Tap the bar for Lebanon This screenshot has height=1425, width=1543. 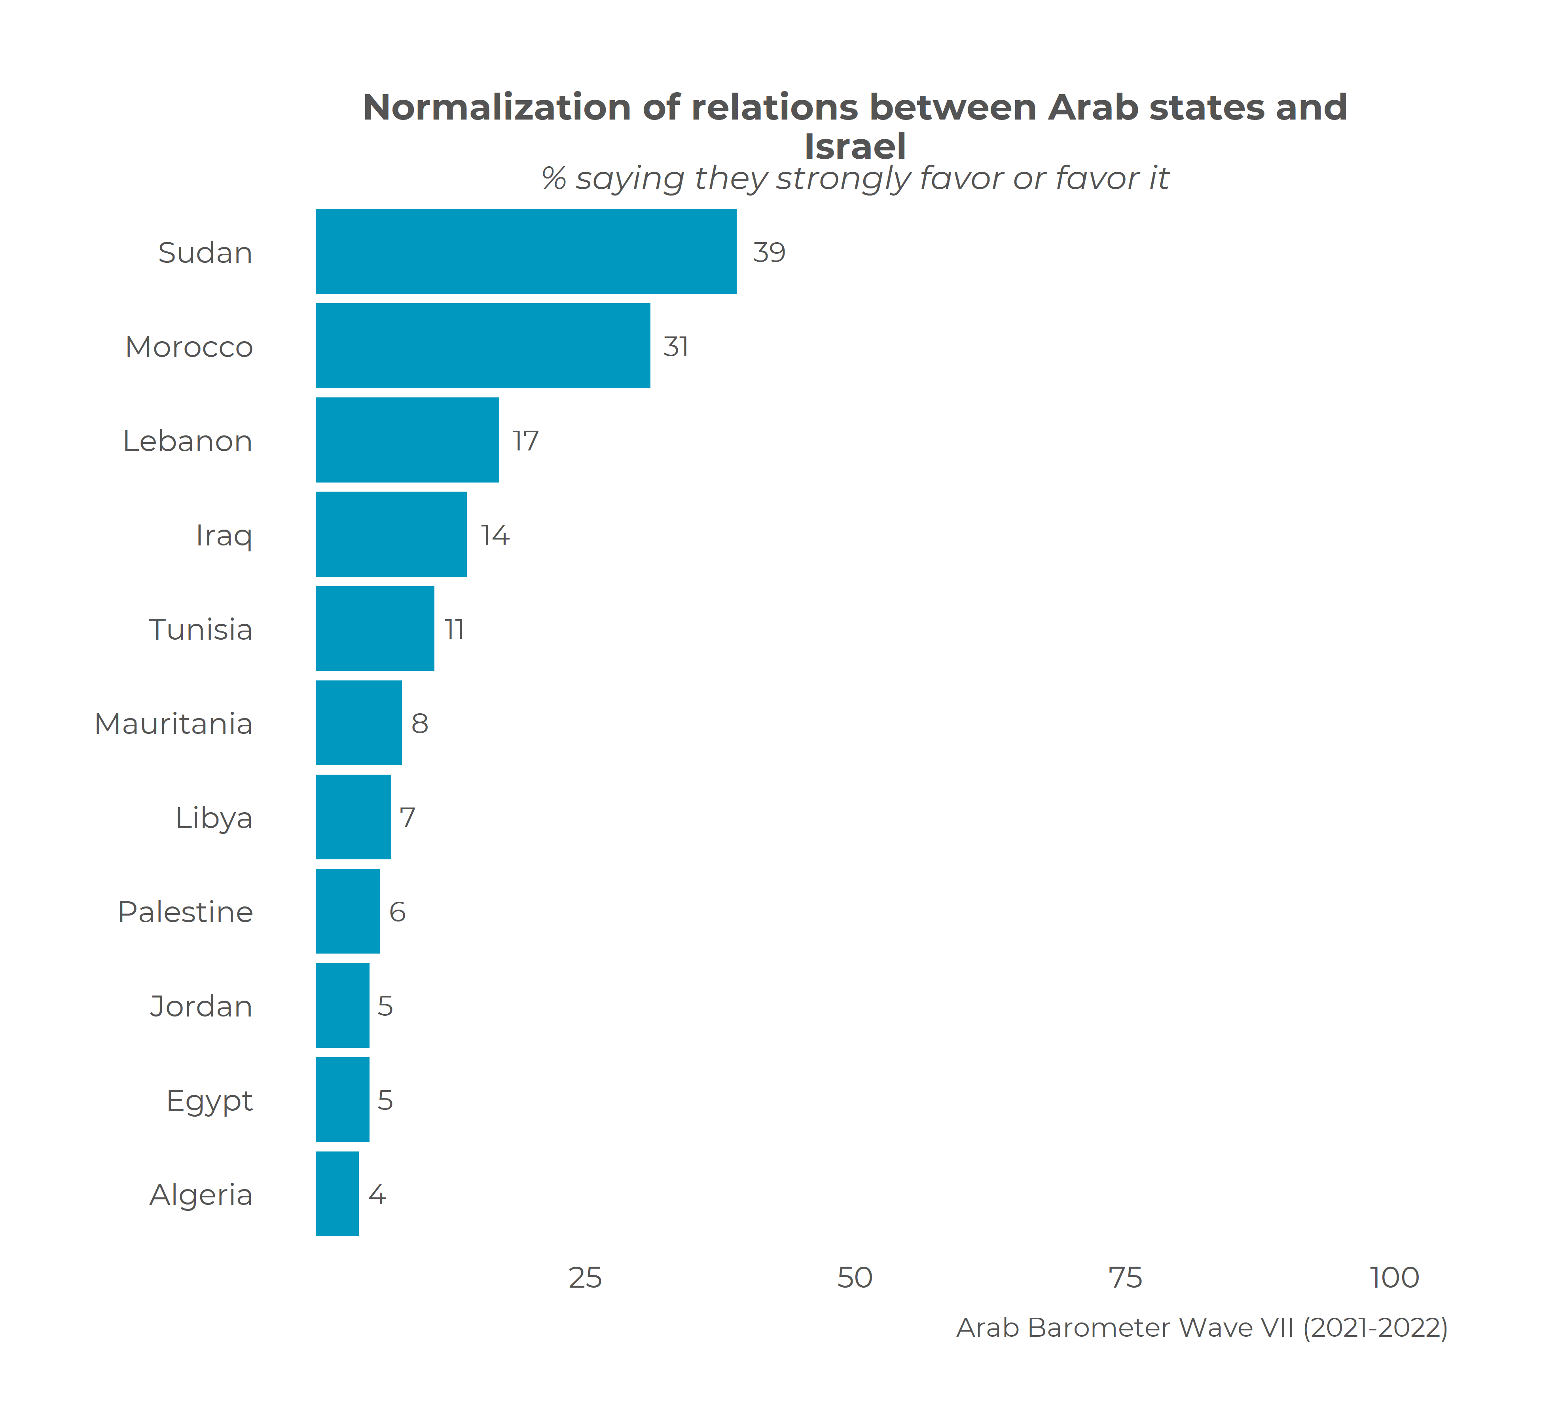(x=407, y=440)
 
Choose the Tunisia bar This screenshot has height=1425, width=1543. (x=375, y=629)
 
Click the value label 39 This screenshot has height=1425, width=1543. (x=768, y=252)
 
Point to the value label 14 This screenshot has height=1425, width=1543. (x=495, y=535)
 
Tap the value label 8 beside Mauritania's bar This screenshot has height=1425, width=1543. (x=419, y=723)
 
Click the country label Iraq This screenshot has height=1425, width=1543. (x=224, y=535)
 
